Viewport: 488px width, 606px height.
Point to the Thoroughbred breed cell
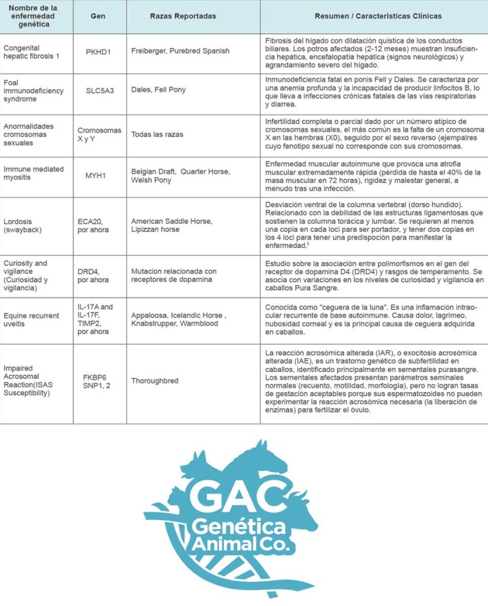[154, 381]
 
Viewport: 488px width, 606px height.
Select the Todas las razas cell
[157, 134]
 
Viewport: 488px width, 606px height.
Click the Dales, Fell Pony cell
[159, 90]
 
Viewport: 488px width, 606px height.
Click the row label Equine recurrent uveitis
[31, 320]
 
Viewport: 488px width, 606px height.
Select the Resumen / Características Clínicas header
[373, 16]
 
